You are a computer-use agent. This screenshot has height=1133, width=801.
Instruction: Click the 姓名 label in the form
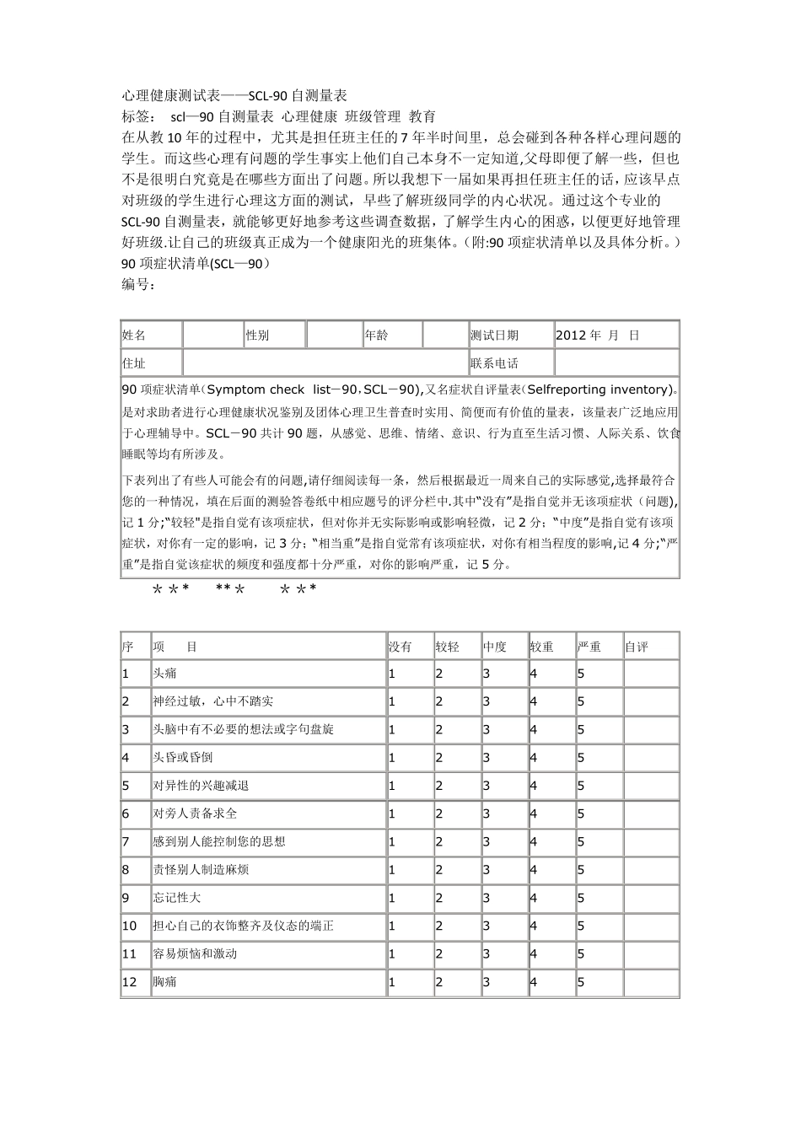(x=134, y=336)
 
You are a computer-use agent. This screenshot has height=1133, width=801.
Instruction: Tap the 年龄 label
(x=377, y=336)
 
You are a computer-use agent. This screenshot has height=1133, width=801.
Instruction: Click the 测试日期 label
(x=495, y=336)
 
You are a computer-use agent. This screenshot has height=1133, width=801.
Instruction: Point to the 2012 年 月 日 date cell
(x=598, y=336)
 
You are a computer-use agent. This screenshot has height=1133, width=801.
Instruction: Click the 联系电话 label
(x=495, y=364)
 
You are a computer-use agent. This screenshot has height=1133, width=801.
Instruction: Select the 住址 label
(x=134, y=364)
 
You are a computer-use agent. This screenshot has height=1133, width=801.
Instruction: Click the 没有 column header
(x=400, y=647)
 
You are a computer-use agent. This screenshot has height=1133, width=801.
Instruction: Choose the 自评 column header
(x=637, y=647)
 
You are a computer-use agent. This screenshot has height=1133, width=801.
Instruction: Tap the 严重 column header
(x=589, y=647)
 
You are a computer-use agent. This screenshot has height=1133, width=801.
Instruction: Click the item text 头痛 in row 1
(x=164, y=674)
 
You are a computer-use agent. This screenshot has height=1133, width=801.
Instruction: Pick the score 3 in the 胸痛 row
(x=487, y=982)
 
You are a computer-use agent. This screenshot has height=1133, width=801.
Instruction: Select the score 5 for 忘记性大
(x=581, y=899)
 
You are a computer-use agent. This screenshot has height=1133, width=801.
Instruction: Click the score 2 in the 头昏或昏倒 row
(x=439, y=758)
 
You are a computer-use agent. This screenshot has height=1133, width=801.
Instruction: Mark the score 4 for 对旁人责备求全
(x=534, y=814)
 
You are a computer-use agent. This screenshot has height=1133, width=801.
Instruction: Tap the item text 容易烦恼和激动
(x=195, y=954)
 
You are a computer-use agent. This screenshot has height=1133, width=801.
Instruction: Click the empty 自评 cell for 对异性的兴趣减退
(x=651, y=786)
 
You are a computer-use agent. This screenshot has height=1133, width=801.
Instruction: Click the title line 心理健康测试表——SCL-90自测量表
(x=235, y=95)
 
